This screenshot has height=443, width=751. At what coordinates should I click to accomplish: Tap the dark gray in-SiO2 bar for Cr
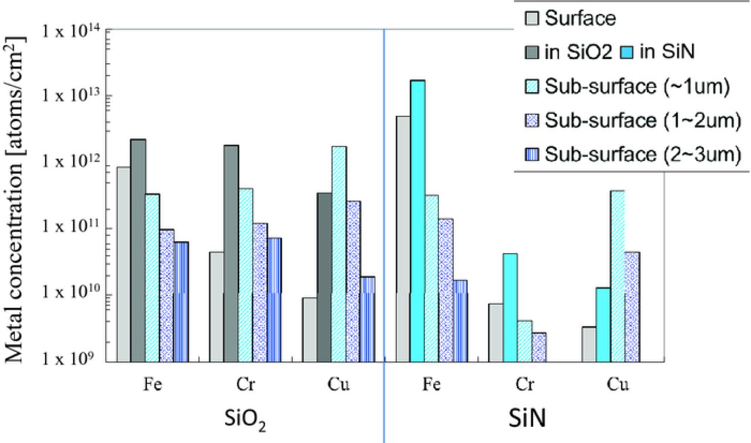(231, 253)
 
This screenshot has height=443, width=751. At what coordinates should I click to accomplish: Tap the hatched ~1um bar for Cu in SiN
(617, 276)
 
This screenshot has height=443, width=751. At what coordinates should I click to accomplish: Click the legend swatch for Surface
(531, 19)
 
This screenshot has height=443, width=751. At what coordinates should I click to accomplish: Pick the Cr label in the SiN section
(525, 385)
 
